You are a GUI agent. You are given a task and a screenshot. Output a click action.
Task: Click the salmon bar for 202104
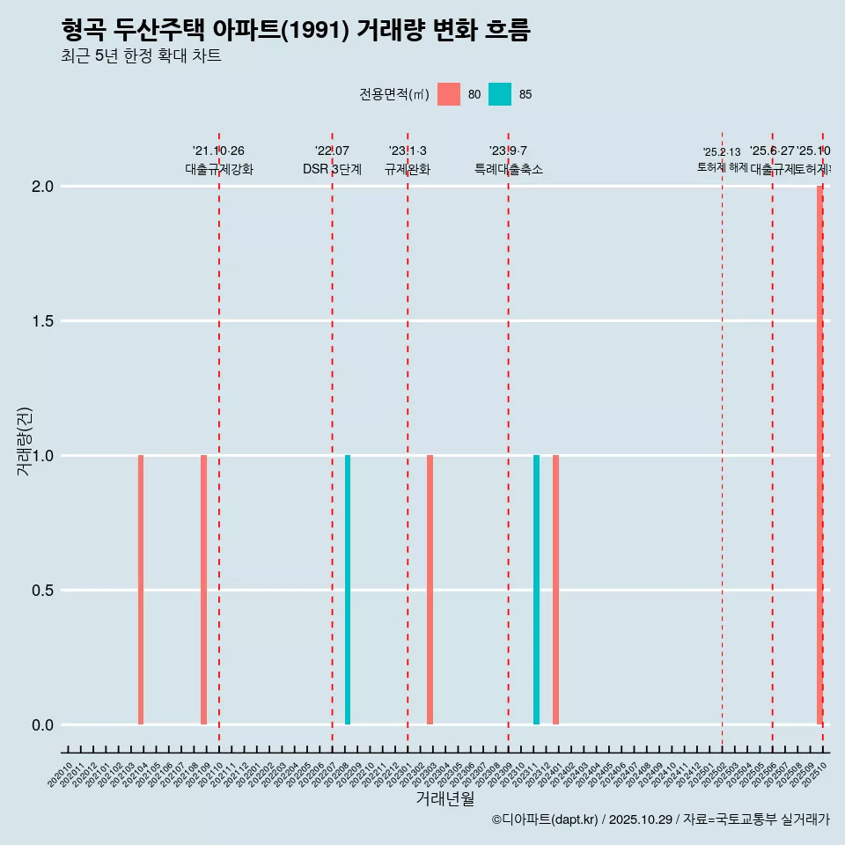tap(141, 590)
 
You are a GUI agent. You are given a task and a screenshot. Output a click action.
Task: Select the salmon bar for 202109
tap(203, 590)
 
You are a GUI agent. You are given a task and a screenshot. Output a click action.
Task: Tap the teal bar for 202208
tap(348, 590)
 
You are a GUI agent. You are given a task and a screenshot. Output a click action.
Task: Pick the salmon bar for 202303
tap(430, 590)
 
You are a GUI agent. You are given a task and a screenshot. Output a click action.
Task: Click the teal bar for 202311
tap(536, 590)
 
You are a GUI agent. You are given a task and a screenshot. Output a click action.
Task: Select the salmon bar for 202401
tap(555, 590)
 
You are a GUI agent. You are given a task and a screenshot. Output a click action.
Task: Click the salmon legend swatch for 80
tap(449, 94)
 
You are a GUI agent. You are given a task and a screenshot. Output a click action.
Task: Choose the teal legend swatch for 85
tap(500, 94)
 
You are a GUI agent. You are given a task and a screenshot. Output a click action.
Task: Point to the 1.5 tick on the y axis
tap(43, 321)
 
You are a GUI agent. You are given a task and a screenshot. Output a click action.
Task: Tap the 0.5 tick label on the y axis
tap(43, 591)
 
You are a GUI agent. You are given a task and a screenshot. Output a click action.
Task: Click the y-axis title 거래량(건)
tap(25, 442)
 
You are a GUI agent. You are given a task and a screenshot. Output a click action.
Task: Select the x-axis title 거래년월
tap(445, 799)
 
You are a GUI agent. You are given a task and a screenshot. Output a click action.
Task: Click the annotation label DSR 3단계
tap(332, 169)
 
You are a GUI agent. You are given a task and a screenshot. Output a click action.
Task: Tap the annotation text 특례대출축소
tap(508, 169)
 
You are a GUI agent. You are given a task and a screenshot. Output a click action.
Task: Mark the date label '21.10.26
tap(218, 151)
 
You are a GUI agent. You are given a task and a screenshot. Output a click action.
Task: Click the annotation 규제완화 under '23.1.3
tap(407, 169)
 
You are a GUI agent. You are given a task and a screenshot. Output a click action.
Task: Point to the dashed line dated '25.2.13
tap(722, 440)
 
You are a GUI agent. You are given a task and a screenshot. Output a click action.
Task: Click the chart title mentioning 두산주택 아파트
tap(296, 31)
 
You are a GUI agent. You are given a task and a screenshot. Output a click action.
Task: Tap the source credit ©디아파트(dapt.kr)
tap(545, 819)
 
